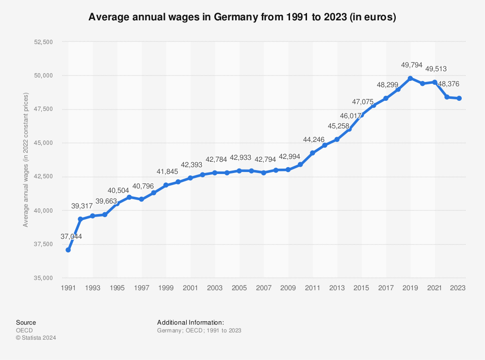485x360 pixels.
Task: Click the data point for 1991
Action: (68, 250)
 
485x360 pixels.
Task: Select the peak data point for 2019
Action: (410, 78)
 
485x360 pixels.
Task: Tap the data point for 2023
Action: (459, 98)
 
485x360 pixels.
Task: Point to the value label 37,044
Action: (72, 236)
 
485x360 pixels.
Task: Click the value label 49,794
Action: (400, 65)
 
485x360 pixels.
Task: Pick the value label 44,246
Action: (314, 140)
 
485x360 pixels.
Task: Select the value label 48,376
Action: (449, 84)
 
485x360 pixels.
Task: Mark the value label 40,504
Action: (119, 190)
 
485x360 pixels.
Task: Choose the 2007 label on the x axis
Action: (263, 288)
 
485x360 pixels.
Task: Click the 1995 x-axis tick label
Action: (117, 288)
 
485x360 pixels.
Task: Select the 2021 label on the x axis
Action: (434, 288)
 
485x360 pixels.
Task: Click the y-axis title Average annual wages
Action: (26, 160)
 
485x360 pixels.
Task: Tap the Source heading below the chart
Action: (26, 323)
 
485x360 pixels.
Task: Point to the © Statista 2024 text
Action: (36, 338)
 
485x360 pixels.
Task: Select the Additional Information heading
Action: (191, 323)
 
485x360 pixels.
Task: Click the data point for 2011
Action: (312, 153)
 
